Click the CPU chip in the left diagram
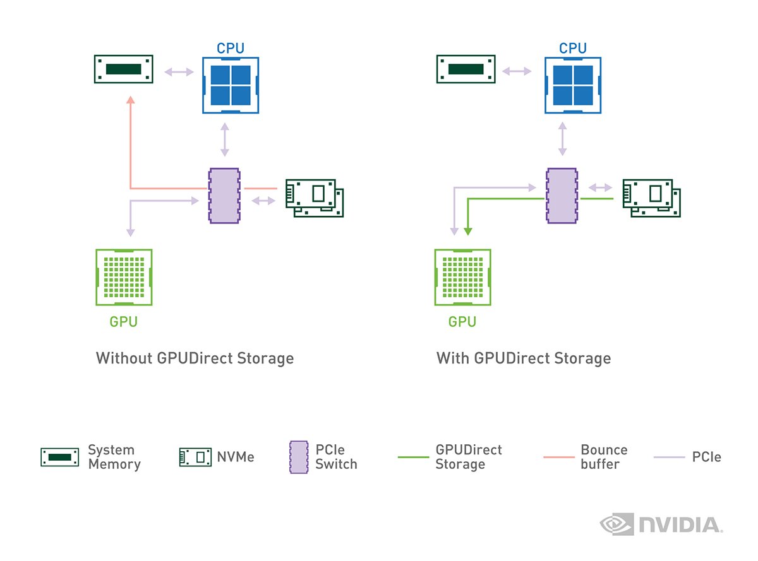(x=231, y=85)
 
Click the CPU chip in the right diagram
(x=573, y=85)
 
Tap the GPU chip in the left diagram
(x=124, y=277)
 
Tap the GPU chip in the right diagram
(x=463, y=277)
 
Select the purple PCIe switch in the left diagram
(x=224, y=196)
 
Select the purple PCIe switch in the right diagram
(x=562, y=196)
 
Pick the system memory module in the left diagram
(x=124, y=69)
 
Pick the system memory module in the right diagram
(x=466, y=69)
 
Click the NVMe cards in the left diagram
(x=314, y=198)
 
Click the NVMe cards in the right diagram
(x=652, y=198)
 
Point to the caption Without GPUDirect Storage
(x=195, y=358)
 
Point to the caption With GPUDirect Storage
(x=524, y=358)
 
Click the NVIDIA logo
(x=660, y=524)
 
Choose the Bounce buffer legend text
(x=604, y=457)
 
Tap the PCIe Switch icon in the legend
(x=298, y=458)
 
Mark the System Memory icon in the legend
(x=60, y=457)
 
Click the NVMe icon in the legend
(x=195, y=457)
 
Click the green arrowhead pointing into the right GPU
(x=467, y=230)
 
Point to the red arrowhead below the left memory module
(x=130, y=100)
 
